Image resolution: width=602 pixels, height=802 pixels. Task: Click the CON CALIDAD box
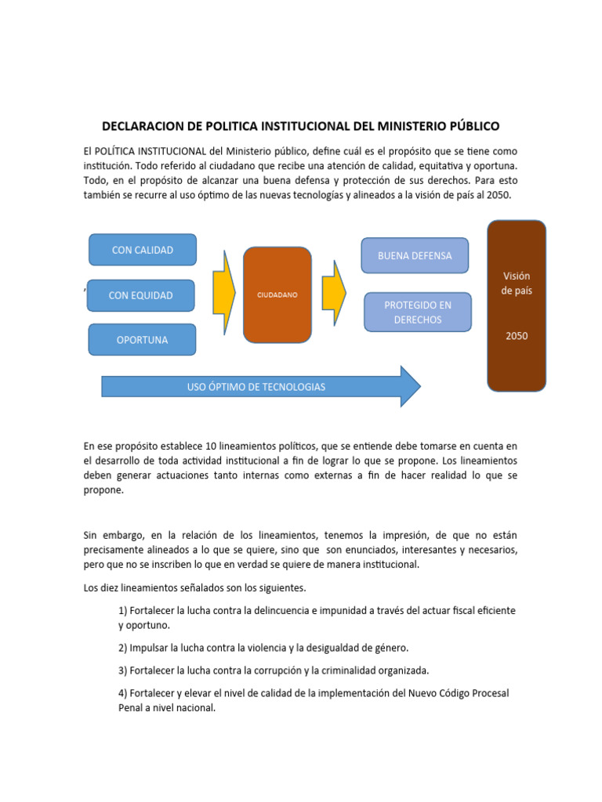pyautogui.click(x=142, y=250)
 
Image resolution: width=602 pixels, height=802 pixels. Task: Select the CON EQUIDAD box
pyautogui.click(x=140, y=295)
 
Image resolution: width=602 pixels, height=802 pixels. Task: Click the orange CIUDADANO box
pyautogui.click(x=277, y=295)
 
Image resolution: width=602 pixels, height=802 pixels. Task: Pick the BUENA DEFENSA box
pyautogui.click(x=415, y=255)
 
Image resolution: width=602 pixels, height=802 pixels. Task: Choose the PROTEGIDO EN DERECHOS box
pyautogui.click(x=418, y=312)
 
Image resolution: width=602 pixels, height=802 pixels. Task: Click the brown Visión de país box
pyautogui.click(x=517, y=305)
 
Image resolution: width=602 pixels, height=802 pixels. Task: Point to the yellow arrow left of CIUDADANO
pyautogui.click(x=224, y=291)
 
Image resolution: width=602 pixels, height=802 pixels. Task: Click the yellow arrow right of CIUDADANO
pyautogui.click(x=335, y=291)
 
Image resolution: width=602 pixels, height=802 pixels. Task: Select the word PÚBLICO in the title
pyautogui.click(x=470, y=126)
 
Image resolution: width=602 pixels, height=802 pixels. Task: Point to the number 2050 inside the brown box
pyautogui.click(x=517, y=336)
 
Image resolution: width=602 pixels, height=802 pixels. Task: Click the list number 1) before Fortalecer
pyautogui.click(x=123, y=609)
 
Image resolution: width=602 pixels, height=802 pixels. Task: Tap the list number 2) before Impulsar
pyautogui.click(x=123, y=648)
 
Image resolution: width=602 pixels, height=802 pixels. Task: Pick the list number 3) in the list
pyautogui.click(x=123, y=670)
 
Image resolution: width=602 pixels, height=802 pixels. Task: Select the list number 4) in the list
pyautogui.click(x=123, y=693)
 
